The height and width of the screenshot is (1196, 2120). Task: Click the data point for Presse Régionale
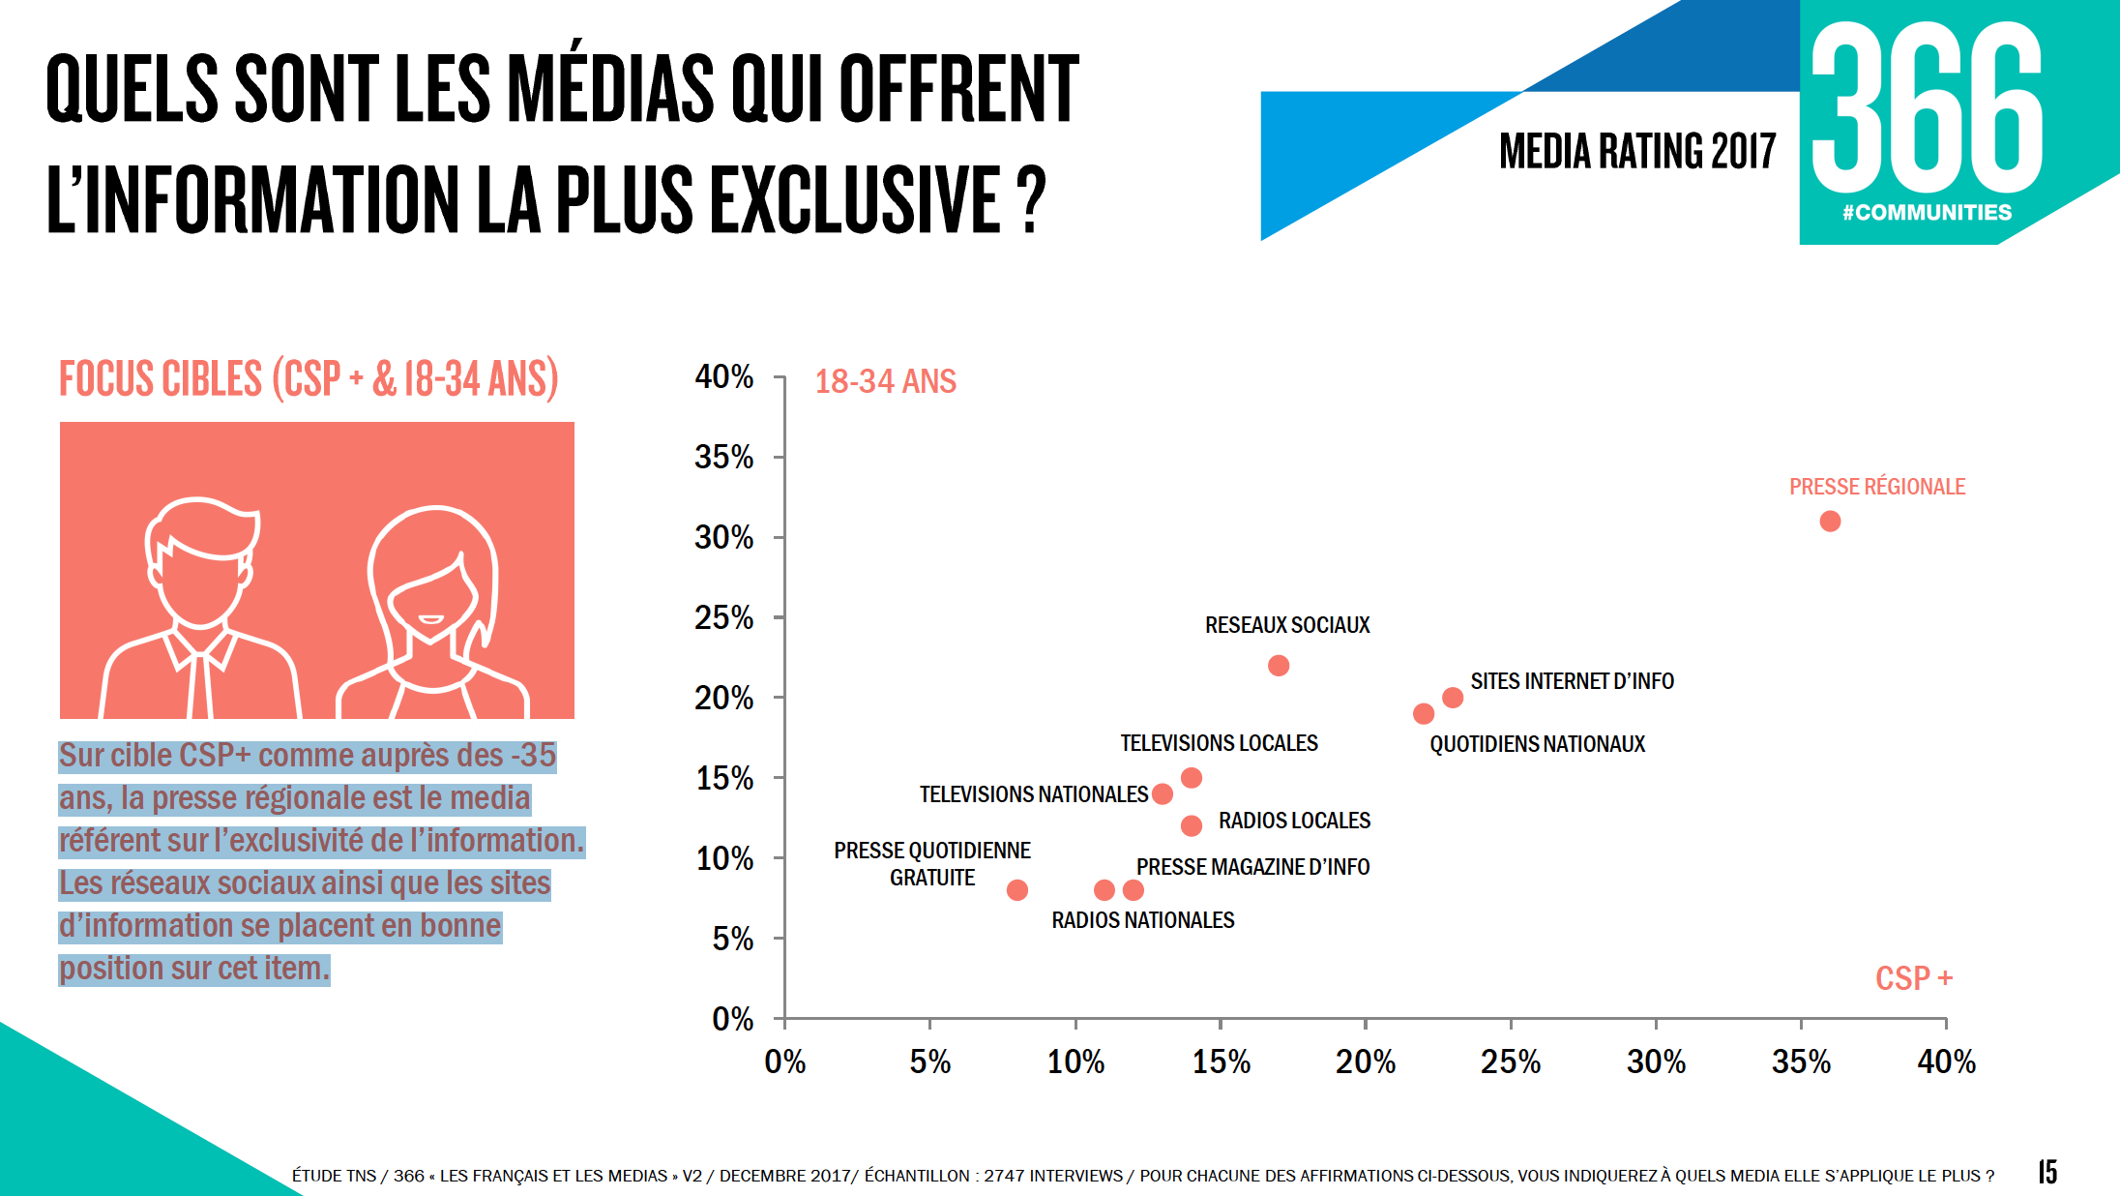pos(1830,522)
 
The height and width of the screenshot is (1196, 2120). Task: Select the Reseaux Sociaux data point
pos(1279,666)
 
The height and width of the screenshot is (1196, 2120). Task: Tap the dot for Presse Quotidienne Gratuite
pos(1017,890)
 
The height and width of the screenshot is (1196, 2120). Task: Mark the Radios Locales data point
pos(1192,825)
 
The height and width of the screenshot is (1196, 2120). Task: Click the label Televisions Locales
pos(1219,743)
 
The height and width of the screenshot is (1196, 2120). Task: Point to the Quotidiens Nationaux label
pos(1537,744)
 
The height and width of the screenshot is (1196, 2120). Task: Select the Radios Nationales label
pos(1143,920)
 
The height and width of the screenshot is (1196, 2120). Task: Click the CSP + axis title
pos(1914,978)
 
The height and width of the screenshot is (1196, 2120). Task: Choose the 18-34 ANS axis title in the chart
pos(885,381)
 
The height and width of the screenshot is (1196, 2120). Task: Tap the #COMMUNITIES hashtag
pos(1927,213)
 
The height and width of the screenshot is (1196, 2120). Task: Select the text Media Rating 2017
pos(1637,152)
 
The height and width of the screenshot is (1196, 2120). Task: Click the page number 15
pos(2047,1172)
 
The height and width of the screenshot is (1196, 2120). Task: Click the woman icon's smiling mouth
pos(430,619)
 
